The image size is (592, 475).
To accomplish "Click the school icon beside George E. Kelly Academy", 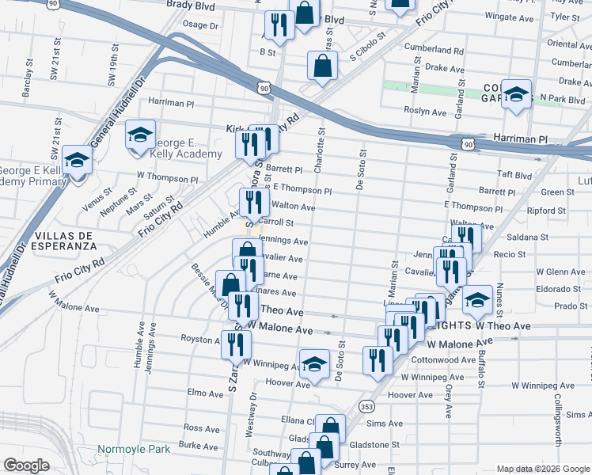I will tap(140, 135).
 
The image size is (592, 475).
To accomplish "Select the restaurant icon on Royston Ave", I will tap(236, 344).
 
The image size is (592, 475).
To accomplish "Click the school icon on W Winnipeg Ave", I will tap(314, 363).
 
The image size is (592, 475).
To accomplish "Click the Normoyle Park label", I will tap(134, 449).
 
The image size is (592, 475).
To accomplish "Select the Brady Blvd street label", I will tap(191, 5).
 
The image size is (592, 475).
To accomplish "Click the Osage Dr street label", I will tap(200, 25).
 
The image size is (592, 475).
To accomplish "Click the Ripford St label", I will tap(546, 211).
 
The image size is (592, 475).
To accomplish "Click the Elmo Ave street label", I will tap(203, 393).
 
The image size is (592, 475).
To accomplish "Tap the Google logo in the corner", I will tap(26, 465).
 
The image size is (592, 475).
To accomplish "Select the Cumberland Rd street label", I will tap(433, 49).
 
